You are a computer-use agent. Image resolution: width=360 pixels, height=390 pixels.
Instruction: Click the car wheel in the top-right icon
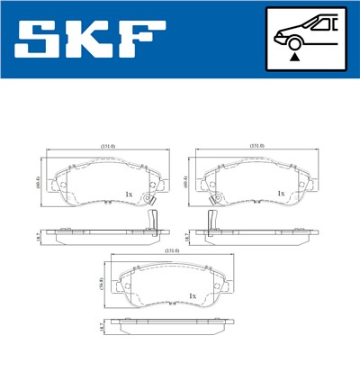293,41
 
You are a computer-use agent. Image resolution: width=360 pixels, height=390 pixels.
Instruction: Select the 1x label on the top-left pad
130,193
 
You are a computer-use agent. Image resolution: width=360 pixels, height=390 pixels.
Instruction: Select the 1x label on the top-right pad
281,193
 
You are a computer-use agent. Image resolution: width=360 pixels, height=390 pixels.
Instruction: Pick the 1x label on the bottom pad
193,295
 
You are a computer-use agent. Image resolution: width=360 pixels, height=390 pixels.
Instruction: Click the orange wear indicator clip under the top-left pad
154,221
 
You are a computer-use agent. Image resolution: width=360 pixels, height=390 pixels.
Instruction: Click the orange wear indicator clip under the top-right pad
212,221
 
